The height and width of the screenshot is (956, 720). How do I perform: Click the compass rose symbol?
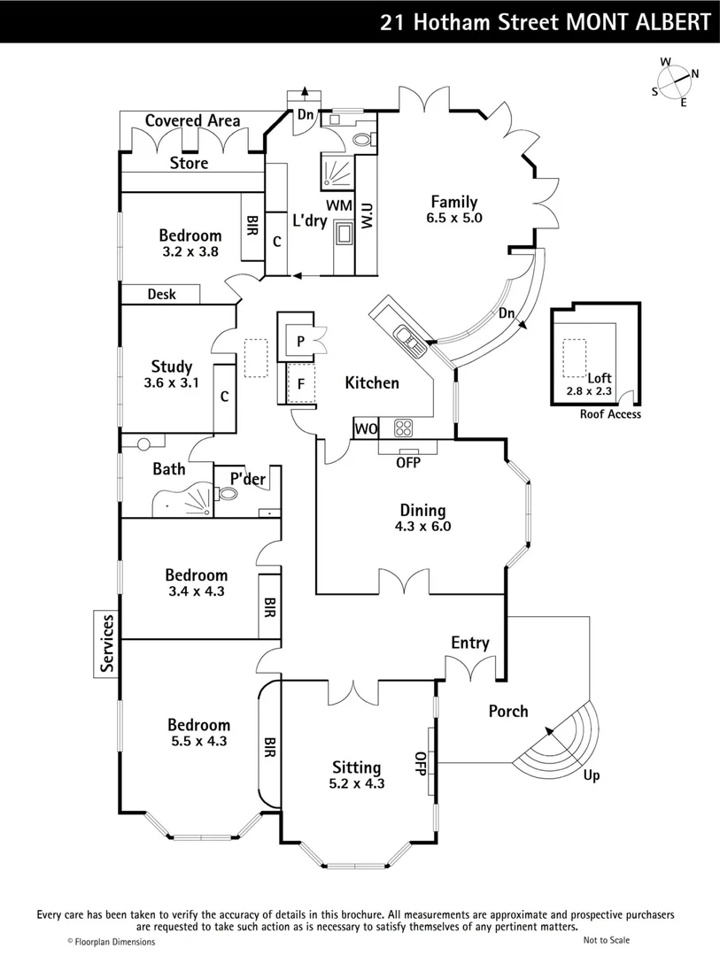click(676, 81)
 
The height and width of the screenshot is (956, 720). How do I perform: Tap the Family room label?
click(454, 202)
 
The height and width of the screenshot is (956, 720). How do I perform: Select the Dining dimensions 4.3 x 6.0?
click(422, 526)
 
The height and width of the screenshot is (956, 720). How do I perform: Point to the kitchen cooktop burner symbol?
click(403, 428)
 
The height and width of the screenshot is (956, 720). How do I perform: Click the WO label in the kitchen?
click(365, 429)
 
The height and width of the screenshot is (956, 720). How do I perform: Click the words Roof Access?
click(610, 414)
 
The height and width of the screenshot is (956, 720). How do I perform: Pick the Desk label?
click(161, 295)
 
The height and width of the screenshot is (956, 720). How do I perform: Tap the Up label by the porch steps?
click(592, 775)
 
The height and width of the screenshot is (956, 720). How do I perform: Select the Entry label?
click(470, 643)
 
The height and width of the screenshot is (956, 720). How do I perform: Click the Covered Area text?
click(192, 120)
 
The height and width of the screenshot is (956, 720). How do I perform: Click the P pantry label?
click(301, 341)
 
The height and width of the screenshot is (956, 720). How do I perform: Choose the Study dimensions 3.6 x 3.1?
click(171, 383)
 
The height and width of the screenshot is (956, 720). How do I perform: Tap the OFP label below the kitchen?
click(407, 462)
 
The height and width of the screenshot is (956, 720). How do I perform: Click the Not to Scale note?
click(607, 940)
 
